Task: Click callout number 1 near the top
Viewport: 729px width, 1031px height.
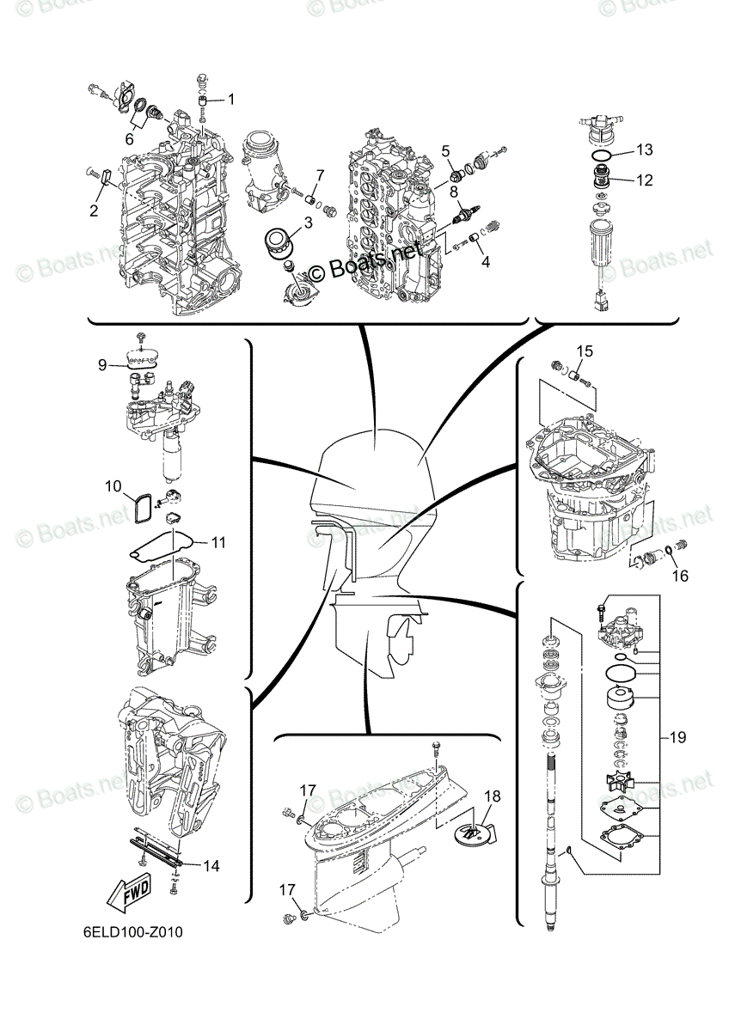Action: coord(231,99)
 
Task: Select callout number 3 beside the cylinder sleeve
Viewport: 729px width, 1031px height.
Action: coord(308,223)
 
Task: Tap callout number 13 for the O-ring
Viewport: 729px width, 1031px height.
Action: coord(645,149)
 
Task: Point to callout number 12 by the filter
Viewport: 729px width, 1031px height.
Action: coord(645,180)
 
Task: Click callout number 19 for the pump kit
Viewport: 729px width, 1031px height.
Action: coord(678,737)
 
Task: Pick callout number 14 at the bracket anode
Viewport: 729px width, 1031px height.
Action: coord(211,866)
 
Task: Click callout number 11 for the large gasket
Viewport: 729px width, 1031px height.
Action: coord(217,542)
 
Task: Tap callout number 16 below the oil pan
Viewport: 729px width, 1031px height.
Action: coord(680,575)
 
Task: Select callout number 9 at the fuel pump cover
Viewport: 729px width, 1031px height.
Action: coord(102,365)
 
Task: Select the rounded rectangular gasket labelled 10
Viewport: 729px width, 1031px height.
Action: coord(141,508)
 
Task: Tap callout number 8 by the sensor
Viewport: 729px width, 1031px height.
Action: coord(454,190)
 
